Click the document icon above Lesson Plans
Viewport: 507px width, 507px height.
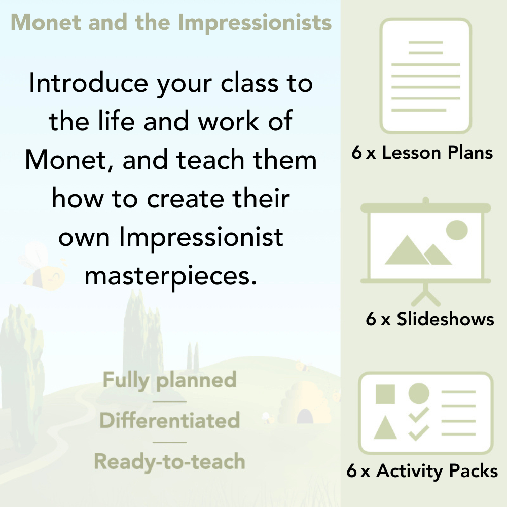[426, 76]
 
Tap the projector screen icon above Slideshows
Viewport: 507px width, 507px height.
[426, 243]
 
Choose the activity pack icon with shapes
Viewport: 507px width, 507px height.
[426, 413]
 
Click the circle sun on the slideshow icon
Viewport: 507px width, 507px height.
[456, 229]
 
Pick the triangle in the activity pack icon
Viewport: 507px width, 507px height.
[385, 428]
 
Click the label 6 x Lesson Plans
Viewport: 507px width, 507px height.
[422, 153]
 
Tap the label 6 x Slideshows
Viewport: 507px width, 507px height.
[430, 319]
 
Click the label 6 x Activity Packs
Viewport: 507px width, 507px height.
[422, 471]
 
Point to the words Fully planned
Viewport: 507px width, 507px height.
[169, 380]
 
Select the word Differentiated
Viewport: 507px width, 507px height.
[169, 420]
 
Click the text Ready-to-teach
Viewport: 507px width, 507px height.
[169, 461]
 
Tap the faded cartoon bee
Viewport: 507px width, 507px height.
[43, 266]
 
